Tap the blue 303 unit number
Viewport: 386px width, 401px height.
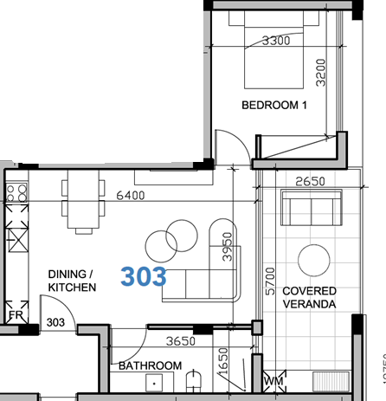pos(144,275)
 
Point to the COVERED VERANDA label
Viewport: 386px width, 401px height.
pos(309,298)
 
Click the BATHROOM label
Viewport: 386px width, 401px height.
pos(150,366)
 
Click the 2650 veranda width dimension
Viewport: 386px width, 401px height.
pos(310,181)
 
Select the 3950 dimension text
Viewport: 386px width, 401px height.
pos(228,247)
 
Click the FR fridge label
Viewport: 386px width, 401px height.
pos(15,315)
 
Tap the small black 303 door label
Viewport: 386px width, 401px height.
pos(55,322)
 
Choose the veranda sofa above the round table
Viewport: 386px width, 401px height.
pos(312,210)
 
